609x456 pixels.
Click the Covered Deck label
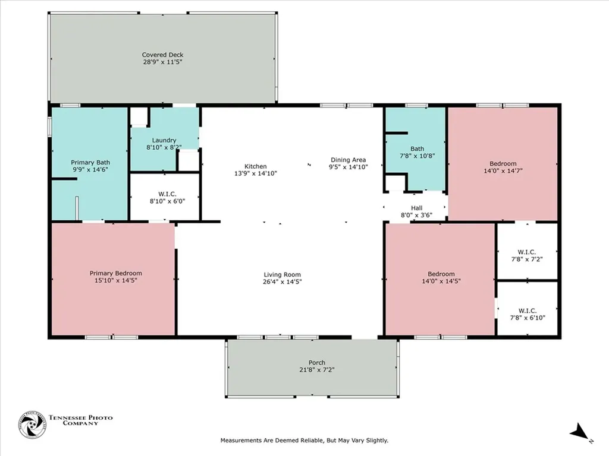[x=162, y=55]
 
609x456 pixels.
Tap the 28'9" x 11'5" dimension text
[x=162, y=62]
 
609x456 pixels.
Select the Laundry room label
[x=164, y=140]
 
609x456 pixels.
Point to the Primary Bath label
[x=90, y=162]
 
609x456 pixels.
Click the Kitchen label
[x=255, y=166]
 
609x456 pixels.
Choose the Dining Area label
[x=348, y=159]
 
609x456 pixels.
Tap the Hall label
[x=416, y=208]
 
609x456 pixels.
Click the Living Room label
[x=282, y=274]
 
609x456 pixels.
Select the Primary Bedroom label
[x=116, y=273]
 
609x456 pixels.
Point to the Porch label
[x=316, y=363]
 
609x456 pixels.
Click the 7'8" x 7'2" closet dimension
[x=527, y=259]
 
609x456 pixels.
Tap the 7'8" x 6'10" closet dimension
[x=528, y=318]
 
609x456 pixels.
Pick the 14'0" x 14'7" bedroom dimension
[x=503, y=170]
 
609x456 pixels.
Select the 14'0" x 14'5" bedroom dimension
[x=441, y=281]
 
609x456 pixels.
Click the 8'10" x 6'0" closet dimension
[x=167, y=201]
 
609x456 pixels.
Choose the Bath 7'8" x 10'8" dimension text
[x=417, y=156]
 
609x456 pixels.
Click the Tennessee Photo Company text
[x=80, y=420]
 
